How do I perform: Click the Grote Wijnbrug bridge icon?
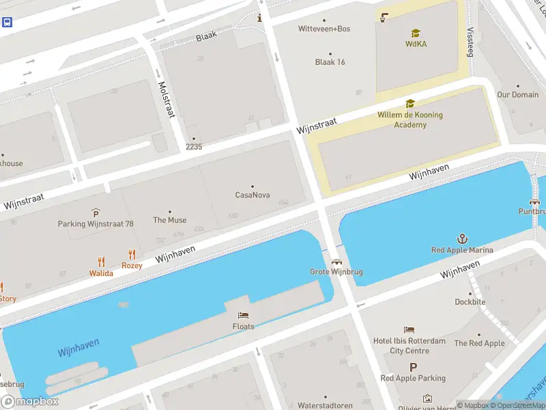(x=336, y=261)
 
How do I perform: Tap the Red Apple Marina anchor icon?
(x=462, y=238)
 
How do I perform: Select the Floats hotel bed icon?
(x=243, y=315)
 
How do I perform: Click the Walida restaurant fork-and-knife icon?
(x=101, y=261)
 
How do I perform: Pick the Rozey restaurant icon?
(x=132, y=254)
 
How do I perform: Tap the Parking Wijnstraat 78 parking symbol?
(x=96, y=213)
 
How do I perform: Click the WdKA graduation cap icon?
(x=416, y=33)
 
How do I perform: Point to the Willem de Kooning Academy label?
(x=410, y=120)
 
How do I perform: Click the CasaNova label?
(x=253, y=195)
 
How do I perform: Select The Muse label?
(x=170, y=220)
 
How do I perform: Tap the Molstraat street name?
(x=166, y=100)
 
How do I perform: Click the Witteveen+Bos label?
(x=324, y=29)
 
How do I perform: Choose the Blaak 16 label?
(x=330, y=62)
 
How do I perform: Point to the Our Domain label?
(x=517, y=95)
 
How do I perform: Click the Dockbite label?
(x=471, y=301)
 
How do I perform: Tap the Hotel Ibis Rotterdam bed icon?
(x=409, y=330)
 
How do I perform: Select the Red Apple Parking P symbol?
(x=413, y=367)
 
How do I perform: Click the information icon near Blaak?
(x=259, y=18)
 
